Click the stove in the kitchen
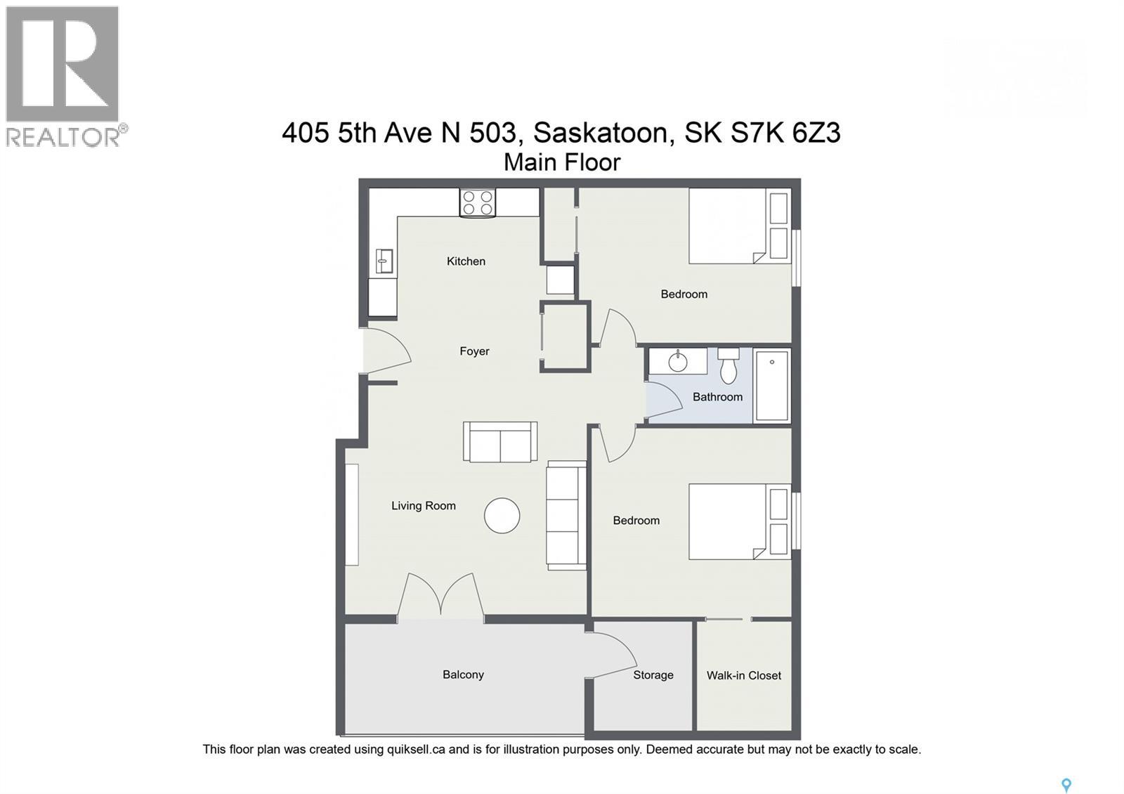[478, 202]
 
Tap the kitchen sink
[384, 261]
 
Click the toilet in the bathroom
[728, 366]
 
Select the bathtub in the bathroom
[772, 386]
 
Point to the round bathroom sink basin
[678, 362]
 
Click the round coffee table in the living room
[502, 516]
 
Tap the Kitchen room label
[466, 261]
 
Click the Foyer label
[474, 351]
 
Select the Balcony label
[463, 675]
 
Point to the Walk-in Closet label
[743, 675]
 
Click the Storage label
[653, 675]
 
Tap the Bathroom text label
[717, 397]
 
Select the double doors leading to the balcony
[440, 597]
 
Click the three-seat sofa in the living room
[566, 515]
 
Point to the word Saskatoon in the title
[601, 132]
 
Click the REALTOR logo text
[65, 136]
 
